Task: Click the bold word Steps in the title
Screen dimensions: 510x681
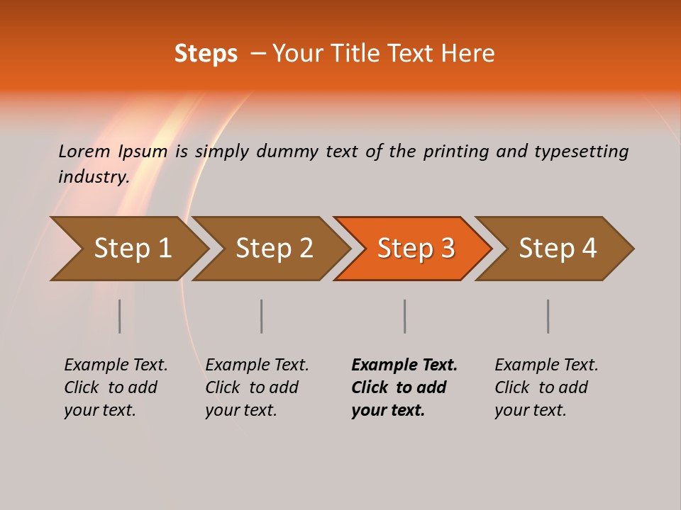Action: pyautogui.click(x=206, y=54)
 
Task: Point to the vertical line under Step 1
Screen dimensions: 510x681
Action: pyautogui.click(x=120, y=316)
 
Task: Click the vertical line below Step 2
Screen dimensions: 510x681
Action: pyautogui.click(x=262, y=316)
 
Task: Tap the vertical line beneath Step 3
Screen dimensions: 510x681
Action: pyautogui.click(x=405, y=316)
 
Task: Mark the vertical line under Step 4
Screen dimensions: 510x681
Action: pyautogui.click(x=548, y=316)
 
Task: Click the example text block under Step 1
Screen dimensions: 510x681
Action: pyautogui.click(x=116, y=387)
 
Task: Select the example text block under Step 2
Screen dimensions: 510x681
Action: pyautogui.click(x=257, y=387)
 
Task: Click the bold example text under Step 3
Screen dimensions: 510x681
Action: pyautogui.click(x=404, y=387)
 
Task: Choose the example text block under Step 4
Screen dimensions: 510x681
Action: pyautogui.click(x=546, y=387)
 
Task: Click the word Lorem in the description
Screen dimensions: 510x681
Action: pyautogui.click(x=84, y=151)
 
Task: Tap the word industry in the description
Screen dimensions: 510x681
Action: pyautogui.click(x=93, y=176)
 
